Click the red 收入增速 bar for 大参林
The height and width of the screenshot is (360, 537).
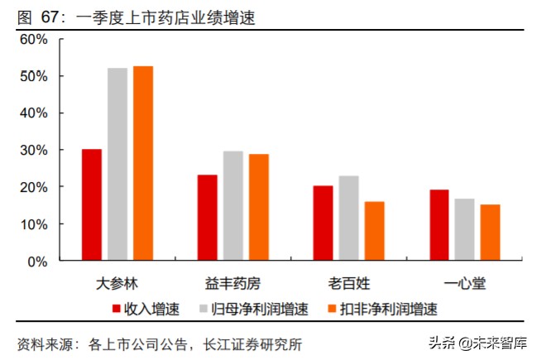pos(92,205)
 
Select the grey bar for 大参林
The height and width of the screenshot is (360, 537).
pos(117,165)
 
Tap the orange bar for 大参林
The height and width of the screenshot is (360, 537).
pos(143,164)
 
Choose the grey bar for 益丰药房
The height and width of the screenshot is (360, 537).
pos(233,206)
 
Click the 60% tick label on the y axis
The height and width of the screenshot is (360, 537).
pos(34,39)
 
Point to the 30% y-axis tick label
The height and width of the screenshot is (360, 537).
pos(34,150)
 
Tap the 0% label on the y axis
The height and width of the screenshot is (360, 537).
pos(38,262)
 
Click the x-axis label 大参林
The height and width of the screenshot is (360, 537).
pos(117,283)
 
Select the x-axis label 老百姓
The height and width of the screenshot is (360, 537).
pos(348,283)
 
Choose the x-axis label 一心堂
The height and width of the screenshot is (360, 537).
pos(465,283)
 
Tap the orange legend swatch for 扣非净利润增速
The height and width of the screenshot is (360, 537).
pos(336,310)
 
